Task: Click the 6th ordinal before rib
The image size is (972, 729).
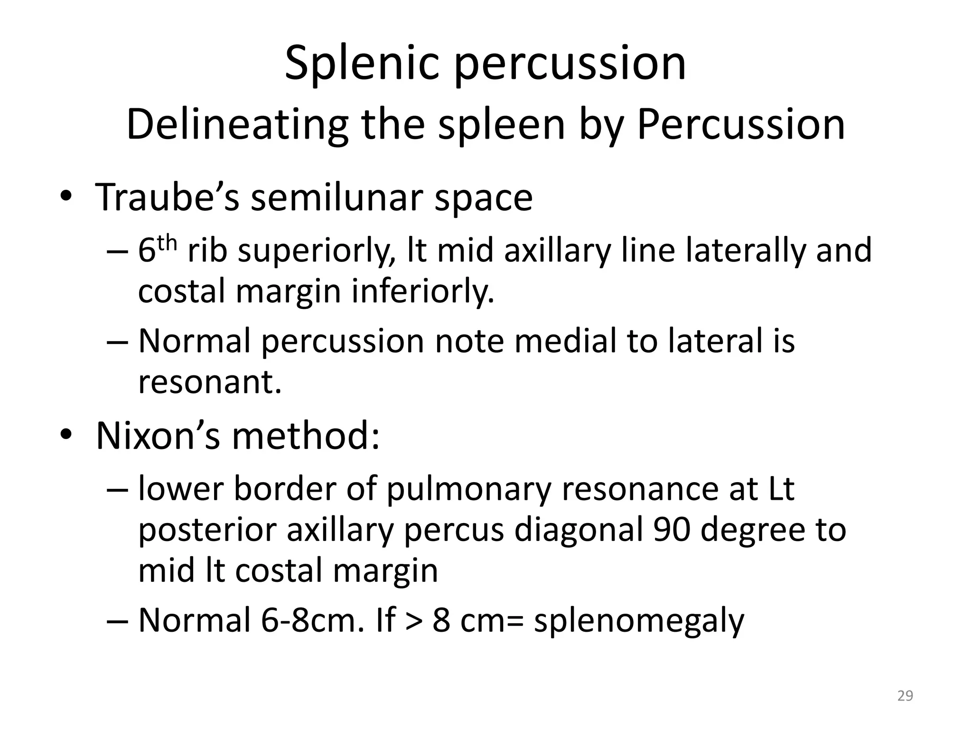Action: pyautogui.click(x=157, y=250)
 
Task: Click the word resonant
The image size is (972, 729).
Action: pyautogui.click(x=209, y=381)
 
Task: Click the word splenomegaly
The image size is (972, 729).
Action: pyautogui.click(x=639, y=621)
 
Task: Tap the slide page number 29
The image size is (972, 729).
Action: pyautogui.click(x=905, y=696)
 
